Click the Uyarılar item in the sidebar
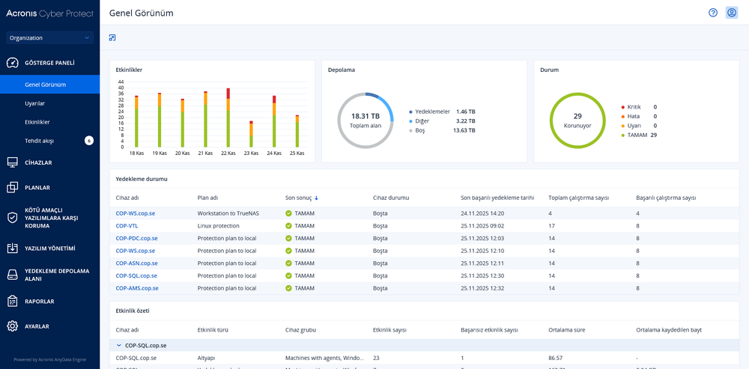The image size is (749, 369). (35, 103)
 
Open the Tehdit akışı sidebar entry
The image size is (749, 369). (39, 140)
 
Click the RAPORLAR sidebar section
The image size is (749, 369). (40, 301)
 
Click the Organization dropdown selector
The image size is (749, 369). (49, 37)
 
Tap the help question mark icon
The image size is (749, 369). (713, 13)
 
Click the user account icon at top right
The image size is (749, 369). (732, 13)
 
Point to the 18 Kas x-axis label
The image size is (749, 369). (136, 153)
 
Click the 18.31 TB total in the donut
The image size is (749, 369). (365, 116)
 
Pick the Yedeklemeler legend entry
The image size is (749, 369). (432, 112)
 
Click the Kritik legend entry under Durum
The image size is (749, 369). (634, 107)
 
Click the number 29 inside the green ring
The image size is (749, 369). (577, 116)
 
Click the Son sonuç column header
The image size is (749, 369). (299, 198)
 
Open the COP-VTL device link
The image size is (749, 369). (127, 225)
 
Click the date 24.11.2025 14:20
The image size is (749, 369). (482, 213)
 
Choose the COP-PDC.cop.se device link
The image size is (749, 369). (136, 238)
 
